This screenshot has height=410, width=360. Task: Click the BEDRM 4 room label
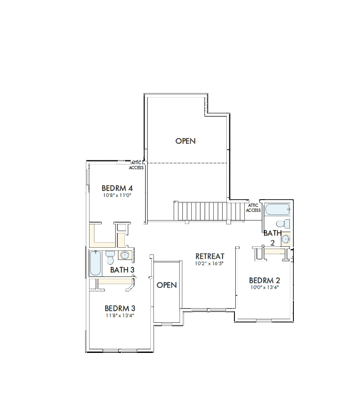[x=117, y=188]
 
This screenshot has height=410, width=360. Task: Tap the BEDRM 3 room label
[x=120, y=308]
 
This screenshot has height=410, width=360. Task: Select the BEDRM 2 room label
[x=265, y=281]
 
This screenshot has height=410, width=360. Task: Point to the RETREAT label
[x=210, y=256]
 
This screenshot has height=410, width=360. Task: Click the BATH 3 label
[x=122, y=270]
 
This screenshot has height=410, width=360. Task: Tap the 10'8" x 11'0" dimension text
[x=117, y=195]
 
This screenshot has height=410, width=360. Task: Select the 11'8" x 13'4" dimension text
[x=120, y=315]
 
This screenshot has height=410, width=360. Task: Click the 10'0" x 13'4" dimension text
[x=265, y=287]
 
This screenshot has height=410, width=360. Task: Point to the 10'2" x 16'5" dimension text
[x=209, y=263]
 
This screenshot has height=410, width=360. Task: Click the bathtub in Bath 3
[x=95, y=263]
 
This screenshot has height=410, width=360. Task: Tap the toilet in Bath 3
[x=110, y=257]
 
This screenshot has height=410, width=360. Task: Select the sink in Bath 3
[x=124, y=255]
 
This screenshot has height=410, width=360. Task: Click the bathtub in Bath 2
[x=277, y=209]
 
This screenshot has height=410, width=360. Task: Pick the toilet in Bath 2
[x=283, y=224]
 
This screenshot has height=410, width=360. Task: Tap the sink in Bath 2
[x=286, y=239]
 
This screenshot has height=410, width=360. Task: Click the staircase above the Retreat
[x=209, y=211]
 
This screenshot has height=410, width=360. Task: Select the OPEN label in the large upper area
[x=185, y=141]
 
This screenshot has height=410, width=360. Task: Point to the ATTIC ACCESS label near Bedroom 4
[x=136, y=165]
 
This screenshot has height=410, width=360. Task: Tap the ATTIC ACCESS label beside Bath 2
[x=253, y=208]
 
